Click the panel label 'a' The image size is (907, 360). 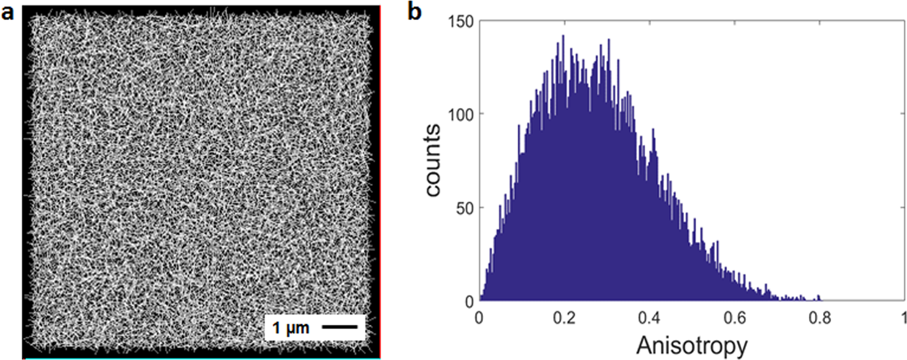click(7, 12)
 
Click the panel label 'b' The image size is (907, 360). click(414, 12)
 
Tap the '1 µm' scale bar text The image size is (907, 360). click(291, 328)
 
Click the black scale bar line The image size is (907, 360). click(340, 327)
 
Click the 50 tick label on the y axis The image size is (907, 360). click(467, 208)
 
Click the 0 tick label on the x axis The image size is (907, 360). click(479, 317)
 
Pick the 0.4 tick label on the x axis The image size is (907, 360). click(649, 317)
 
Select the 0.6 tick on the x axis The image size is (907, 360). click(734, 317)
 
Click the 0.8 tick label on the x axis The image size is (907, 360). click(820, 317)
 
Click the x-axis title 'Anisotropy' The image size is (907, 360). click(691, 346)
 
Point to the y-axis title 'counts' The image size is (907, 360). click(433, 160)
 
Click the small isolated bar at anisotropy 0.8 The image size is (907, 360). click(819, 298)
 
